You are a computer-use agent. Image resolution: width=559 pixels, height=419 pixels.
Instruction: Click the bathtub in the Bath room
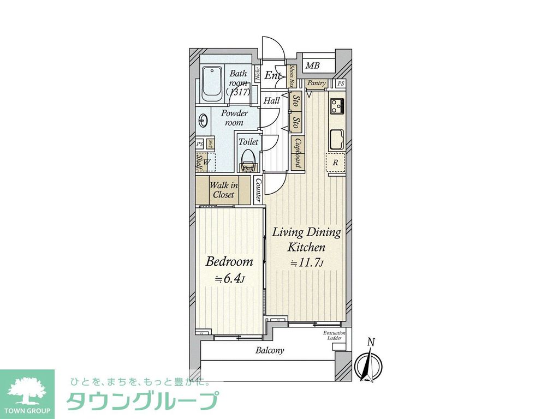pyautogui.click(x=212, y=84)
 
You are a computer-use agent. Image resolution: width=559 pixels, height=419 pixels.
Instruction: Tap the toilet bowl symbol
pyautogui.click(x=248, y=159)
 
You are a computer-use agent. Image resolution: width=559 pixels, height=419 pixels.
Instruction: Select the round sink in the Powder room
pyautogui.click(x=204, y=119)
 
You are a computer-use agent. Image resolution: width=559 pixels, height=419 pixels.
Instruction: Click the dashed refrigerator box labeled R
pyautogui.click(x=336, y=163)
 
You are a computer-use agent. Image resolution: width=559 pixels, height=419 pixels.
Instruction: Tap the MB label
pyautogui.click(x=312, y=67)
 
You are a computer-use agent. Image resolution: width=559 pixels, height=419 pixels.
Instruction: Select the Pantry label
pyautogui.click(x=316, y=83)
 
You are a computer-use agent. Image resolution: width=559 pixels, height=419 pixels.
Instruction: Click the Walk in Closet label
pyautogui.click(x=224, y=190)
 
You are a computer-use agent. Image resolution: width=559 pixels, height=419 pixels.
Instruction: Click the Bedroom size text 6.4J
pyautogui.click(x=230, y=279)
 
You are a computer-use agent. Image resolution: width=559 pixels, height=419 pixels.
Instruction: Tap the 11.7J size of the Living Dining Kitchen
pyautogui.click(x=307, y=263)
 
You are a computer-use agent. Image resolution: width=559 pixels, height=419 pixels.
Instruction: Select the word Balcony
pyautogui.click(x=270, y=350)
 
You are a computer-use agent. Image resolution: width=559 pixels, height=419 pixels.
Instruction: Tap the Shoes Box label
pyautogui.click(x=293, y=76)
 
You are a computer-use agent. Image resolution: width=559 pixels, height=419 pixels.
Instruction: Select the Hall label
pyautogui.click(x=271, y=101)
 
